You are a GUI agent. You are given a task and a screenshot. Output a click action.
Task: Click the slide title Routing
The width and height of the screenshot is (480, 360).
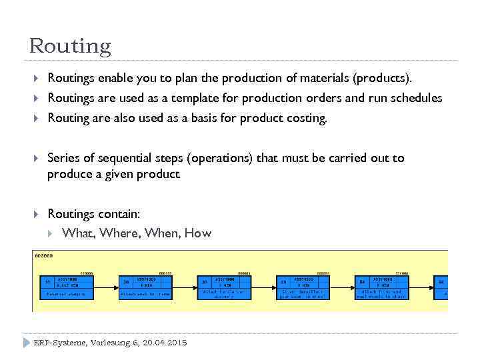coord(70,46)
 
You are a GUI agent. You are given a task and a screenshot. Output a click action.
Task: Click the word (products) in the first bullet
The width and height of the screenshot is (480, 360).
coord(387,78)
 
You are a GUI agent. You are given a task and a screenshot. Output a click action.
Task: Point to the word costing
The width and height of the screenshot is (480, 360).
coord(305,118)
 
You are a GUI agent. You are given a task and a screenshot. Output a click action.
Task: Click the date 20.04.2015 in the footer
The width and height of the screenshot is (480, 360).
coord(165,343)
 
